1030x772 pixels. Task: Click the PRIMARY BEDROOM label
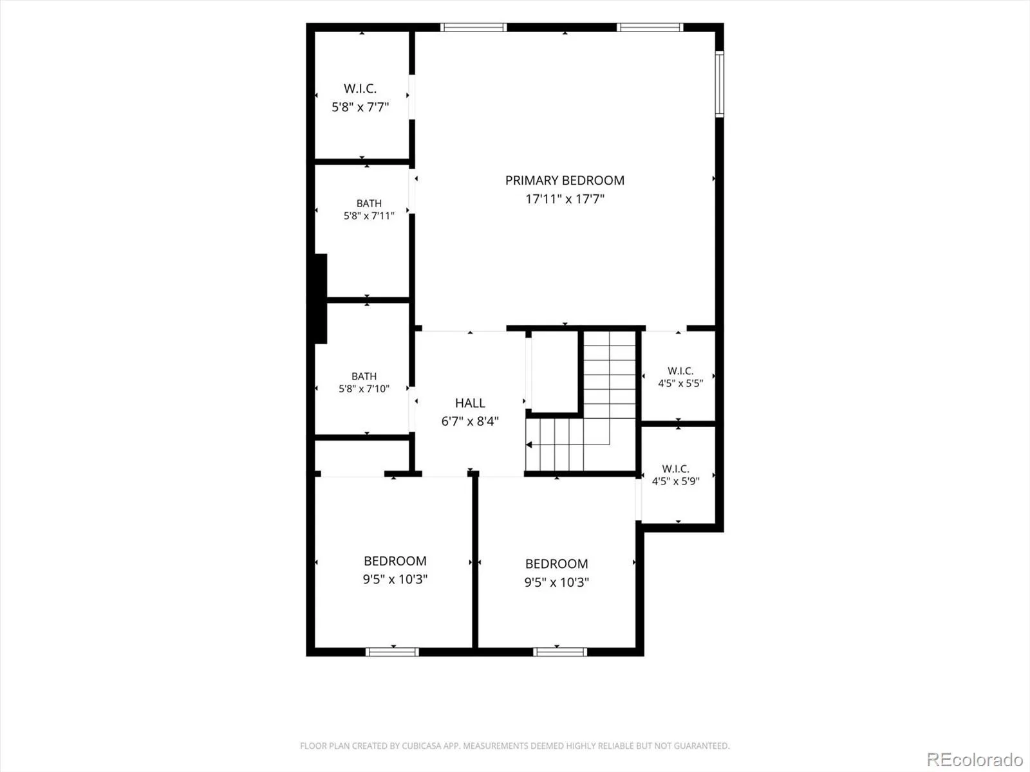[x=565, y=181]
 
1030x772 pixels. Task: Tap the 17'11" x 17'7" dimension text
[x=565, y=199]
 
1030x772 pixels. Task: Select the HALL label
[x=470, y=403]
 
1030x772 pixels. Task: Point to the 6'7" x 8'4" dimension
[x=470, y=421]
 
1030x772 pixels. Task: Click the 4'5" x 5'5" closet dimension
[x=680, y=383]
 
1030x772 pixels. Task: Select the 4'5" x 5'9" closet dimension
[x=676, y=481]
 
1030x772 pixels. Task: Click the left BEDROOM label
[x=395, y=561]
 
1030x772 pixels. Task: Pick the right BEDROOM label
[x=557, y=564]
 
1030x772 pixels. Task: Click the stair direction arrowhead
[x=529, y=445]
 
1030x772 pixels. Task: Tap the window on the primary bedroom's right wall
[x=719, y=84]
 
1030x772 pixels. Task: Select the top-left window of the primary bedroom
[x=473, y=27]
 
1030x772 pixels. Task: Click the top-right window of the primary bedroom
[x=650, y=27]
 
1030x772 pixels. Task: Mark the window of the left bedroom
[x=392, y=652]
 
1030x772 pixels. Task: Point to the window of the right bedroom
[x=560, y=652]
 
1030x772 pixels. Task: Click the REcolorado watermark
[x=975, y=759]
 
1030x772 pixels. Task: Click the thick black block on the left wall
[x=320, y=299]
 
